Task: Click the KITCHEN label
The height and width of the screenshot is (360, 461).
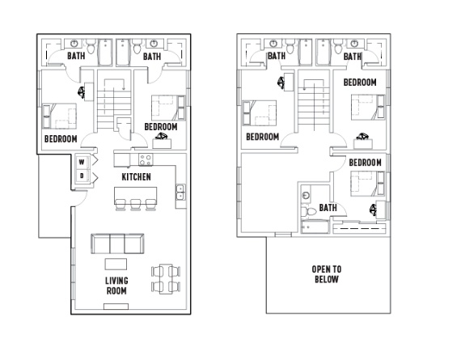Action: (x=136, y=177)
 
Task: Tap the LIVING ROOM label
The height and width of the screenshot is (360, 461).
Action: (x=116, y=286)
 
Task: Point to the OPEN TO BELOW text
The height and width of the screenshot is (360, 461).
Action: (x=327, y=274)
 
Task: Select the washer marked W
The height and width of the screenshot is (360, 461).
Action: (x=82, y=162)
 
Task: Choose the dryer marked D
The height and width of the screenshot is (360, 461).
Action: (x=82, y=176)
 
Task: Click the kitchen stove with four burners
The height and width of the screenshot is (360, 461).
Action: (x=146, y=159)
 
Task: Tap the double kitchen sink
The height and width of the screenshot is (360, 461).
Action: (x=180, y=193)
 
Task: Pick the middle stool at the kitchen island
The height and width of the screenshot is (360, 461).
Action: (x=136, y=205)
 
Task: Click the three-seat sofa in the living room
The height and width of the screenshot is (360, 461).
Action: (x=117, y=244)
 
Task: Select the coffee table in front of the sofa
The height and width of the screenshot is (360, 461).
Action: (x=116, y=264)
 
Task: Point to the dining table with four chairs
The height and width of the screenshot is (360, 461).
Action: (x=166, y=279)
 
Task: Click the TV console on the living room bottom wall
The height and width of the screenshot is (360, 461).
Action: (x=116, y=307)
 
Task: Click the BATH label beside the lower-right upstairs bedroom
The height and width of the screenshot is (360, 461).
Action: (x=328, y=208)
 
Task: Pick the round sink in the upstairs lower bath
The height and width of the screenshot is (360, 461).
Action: (x=306, y=195)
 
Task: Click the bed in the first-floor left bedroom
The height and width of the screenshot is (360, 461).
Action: (x=60, y=116)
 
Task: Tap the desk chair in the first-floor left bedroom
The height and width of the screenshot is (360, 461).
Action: (x=82, y=93)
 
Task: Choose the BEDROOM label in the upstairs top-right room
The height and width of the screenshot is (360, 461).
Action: (x=360, y=82)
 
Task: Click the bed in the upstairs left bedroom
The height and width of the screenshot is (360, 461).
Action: (x=260, y=113)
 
